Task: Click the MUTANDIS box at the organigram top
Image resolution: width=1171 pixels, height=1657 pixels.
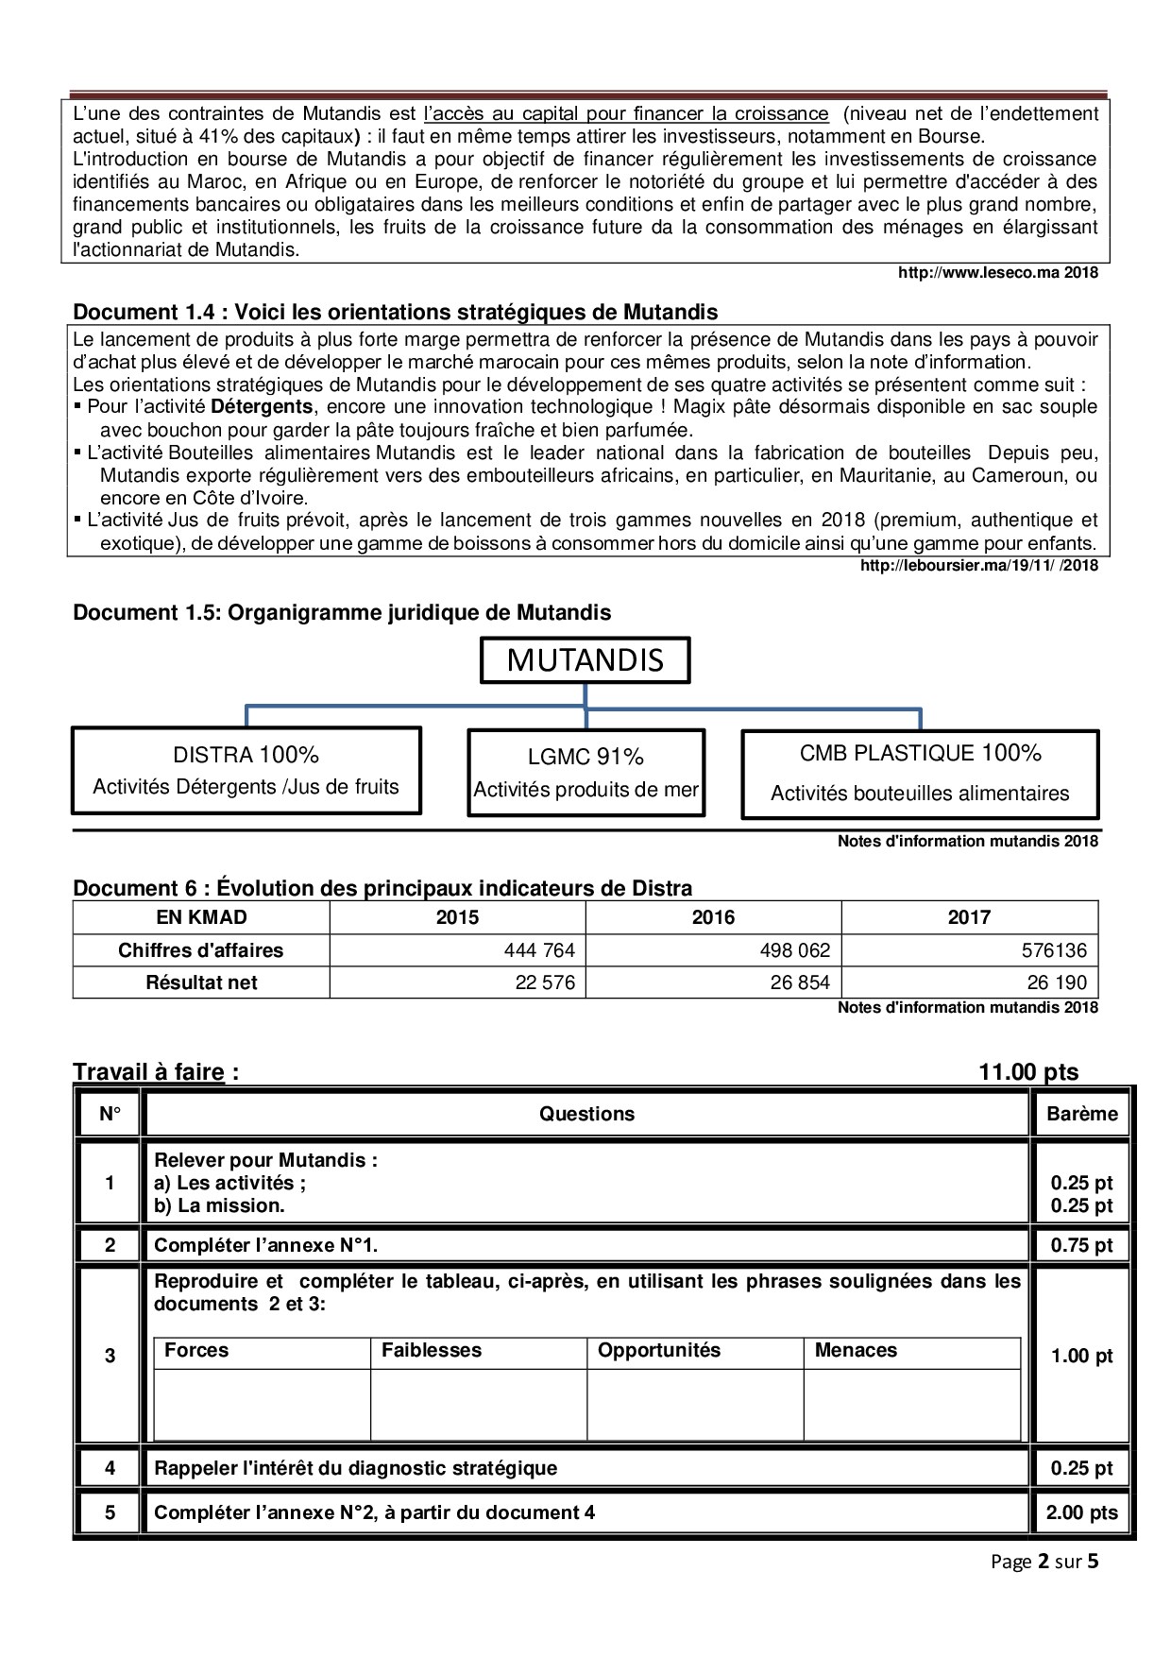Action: [585, 660]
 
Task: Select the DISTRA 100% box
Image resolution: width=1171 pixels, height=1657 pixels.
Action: [246, 770]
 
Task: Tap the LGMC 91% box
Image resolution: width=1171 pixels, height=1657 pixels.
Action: [585, 772]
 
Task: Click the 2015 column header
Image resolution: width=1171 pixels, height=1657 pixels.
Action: [457, 917]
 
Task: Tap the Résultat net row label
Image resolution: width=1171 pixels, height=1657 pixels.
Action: [201, 982]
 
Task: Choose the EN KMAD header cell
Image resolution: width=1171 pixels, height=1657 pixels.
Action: [201, 917]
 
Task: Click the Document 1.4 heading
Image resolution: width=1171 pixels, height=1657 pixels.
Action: [395, 312]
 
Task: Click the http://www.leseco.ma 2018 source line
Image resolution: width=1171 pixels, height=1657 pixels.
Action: [997, 273]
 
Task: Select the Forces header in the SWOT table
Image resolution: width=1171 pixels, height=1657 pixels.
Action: [196, 1351]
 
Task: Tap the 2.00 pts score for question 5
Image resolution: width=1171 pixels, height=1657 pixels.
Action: [1081, 1512]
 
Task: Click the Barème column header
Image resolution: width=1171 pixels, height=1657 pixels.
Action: [1081, 1114]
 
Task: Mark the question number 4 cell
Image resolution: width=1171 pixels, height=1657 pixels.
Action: [110, 1468]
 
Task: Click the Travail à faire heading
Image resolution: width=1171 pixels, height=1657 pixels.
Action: [156, 1072]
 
